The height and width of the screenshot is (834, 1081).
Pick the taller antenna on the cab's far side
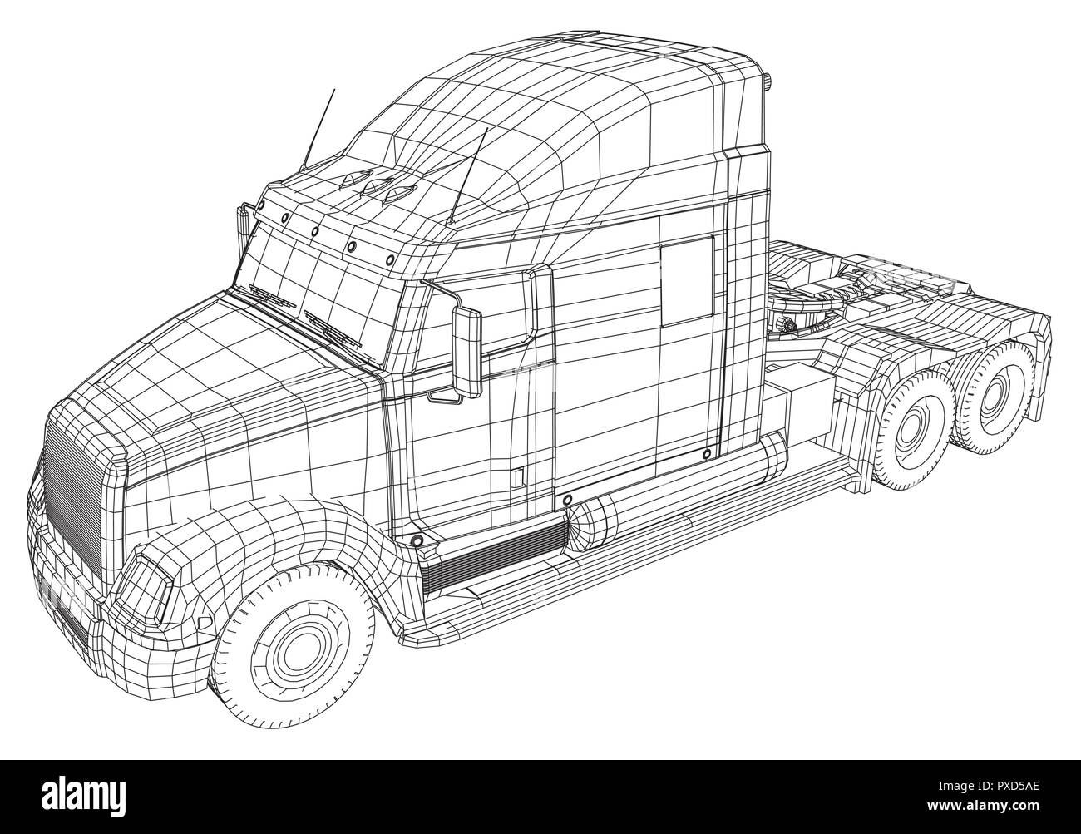point(318,131)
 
